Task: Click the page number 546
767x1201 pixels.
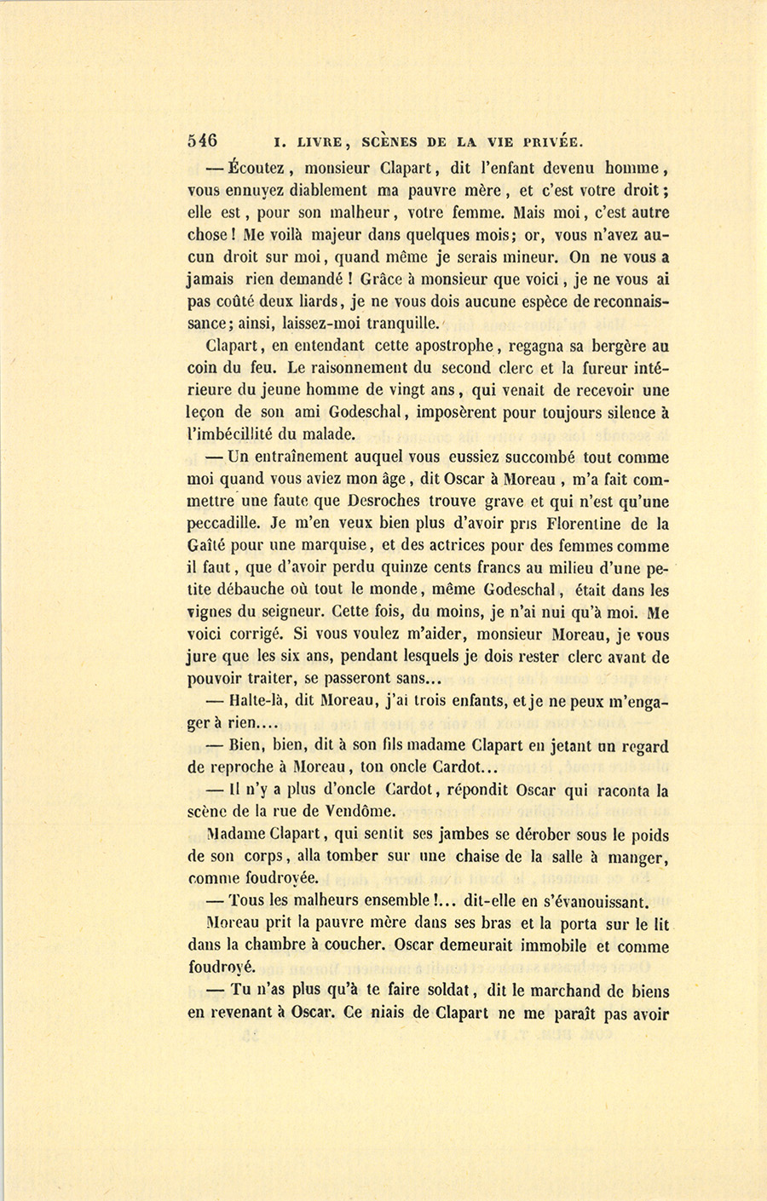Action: click(202, 141)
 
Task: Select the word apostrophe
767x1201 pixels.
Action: click(453, 346)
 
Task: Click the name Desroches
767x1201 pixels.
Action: click(391, 502)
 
